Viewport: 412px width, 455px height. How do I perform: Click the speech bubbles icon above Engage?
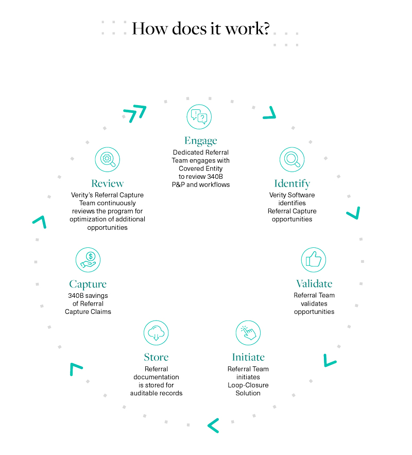199,116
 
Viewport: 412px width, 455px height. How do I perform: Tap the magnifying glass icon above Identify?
291,159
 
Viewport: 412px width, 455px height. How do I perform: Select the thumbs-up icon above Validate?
314,260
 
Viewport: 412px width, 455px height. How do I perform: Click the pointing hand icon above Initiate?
248,333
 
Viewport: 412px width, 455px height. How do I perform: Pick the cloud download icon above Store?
156,333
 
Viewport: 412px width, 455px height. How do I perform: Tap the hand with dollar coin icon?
88,260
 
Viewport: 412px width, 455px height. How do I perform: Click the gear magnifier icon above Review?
107,159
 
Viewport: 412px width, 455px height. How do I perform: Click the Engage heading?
201,141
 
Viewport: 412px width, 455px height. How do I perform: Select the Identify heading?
292,183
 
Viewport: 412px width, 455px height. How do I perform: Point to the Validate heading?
314,283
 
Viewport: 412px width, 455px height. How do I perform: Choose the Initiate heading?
248,357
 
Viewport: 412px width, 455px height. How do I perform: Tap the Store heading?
156,357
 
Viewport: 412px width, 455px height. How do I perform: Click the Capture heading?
88,284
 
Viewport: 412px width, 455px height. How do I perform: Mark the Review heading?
107,183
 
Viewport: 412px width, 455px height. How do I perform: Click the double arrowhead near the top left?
135,113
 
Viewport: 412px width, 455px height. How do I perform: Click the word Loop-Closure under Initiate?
248,385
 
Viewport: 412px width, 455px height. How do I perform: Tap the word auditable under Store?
143,393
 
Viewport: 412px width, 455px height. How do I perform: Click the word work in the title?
244,28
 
